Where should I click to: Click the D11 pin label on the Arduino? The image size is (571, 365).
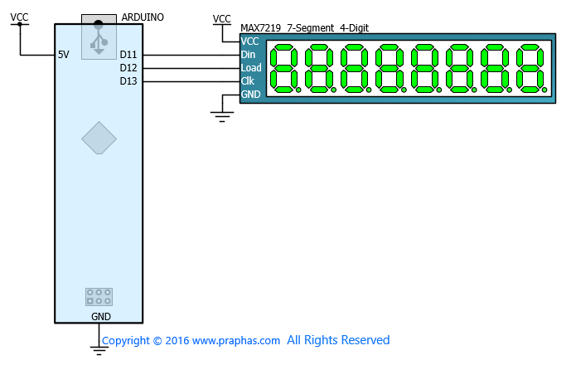(128, 55)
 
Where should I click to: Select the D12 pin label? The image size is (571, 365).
(128, 68)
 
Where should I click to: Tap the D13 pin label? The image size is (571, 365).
(128, 81)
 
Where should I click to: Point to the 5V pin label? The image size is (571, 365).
(63, 55)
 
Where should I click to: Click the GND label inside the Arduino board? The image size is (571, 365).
(101, 317)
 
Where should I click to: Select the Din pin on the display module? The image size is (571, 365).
(248, 55)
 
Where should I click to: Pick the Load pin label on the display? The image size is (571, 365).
(251, 68)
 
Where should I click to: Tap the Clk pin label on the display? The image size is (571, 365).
(247, 81)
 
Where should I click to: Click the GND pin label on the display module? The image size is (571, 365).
(250, 95)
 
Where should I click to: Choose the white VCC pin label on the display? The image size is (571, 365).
(249, 41)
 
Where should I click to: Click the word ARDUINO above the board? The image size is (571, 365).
(143, 17)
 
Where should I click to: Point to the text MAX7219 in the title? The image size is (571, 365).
(261, 28)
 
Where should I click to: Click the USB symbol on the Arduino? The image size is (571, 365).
(99, 38)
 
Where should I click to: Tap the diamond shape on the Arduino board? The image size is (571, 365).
(99, 138)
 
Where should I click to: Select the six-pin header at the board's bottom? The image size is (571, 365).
(99, 297)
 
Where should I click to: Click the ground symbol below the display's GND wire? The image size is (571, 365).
(222, 117)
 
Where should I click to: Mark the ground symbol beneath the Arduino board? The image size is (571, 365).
(99, 350)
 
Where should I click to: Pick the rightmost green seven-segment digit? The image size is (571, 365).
(532, 69)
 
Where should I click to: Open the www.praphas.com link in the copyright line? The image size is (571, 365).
(236, 341)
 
